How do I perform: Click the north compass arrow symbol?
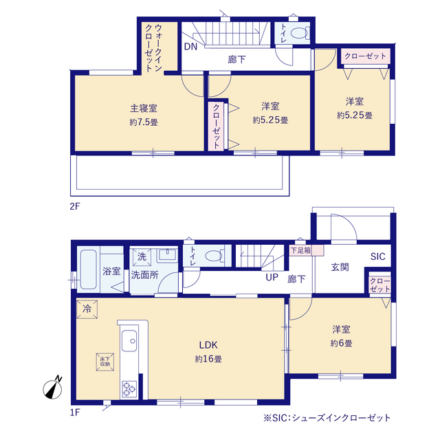[x=53, y=388]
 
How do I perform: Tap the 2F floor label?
[x=74, y=206]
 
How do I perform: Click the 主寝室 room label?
[x=144, y=108]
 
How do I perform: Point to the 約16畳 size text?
[x=208, y=358]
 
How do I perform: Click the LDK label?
[x=208, y=344]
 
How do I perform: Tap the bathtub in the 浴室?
[x=87, y=270]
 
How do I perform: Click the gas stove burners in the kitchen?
[x=129, y=388]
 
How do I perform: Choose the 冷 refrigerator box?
[x=87, y=310]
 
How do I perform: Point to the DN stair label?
[x=190, y=47]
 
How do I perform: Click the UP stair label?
[x=272, y=278]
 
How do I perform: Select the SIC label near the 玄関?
[x=378, y=256]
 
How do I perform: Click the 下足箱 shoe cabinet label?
[x=300, y=250]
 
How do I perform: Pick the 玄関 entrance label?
[x=340, y=267]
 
